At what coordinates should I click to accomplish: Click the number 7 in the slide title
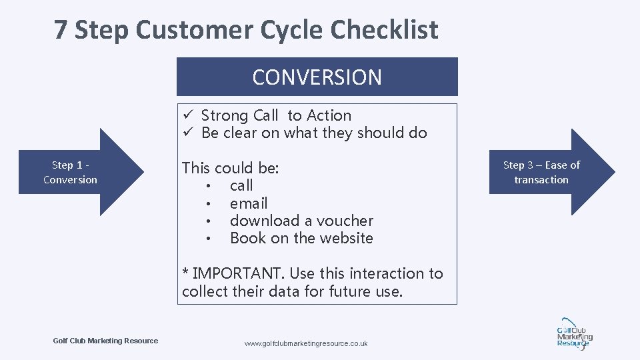tap(61, 30)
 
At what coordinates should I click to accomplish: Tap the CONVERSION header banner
tap(317, 77)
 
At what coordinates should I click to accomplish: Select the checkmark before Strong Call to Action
tap(189, 115)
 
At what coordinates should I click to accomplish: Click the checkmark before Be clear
tap(189, 133)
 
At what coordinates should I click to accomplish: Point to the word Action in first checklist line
tap(329, 115)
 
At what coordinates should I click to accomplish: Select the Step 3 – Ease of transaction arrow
tap(547, 172)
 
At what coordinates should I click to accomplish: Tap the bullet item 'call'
tap(241, 185)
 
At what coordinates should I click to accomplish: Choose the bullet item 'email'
tap(249, 203)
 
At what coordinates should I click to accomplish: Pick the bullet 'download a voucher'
tap(301, 221)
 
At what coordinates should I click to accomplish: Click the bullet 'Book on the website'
tap(301, 238)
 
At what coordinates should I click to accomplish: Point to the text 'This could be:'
tap(231, 168)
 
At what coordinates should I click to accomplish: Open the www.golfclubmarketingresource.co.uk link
tap(306, 343)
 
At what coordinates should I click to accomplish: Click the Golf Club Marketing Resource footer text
tap(105, 341)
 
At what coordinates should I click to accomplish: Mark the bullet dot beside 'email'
tap(209, 203)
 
